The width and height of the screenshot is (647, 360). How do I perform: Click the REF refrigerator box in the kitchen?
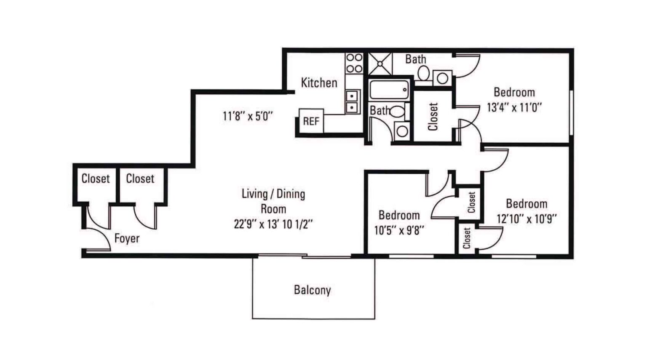coord(311,121)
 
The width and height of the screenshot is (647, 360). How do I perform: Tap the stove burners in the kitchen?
coord(354,63)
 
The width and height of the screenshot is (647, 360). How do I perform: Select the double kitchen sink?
coord(352,101)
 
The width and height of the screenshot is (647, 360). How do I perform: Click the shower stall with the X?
coord(380,64)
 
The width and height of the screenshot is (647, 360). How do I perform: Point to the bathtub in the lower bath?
coord(389,90)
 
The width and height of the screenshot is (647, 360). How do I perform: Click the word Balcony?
coord(312,290)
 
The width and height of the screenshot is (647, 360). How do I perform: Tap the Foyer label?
coord(127,238)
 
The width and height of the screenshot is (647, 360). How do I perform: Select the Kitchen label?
coord(319,83)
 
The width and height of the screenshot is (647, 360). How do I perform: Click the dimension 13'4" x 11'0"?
coord(514,107)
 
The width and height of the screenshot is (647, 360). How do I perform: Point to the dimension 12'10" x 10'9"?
coord(527,219)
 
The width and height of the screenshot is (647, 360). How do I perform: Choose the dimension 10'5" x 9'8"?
coord(399,230)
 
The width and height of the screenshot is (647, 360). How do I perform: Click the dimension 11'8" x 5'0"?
coord(248,116)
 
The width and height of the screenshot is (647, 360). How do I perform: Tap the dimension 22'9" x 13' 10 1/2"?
coord(273,224)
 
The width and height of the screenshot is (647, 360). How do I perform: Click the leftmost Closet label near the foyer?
coord(96,179)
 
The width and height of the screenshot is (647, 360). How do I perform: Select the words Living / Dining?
coord(273,194)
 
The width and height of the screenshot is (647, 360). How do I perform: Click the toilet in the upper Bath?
coord(423,73)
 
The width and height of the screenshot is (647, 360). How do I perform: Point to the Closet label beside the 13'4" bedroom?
coord(433,117)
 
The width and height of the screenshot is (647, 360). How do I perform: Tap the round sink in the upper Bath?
coord(442,78)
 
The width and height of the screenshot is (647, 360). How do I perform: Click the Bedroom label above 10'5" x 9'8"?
coord(399,215)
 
